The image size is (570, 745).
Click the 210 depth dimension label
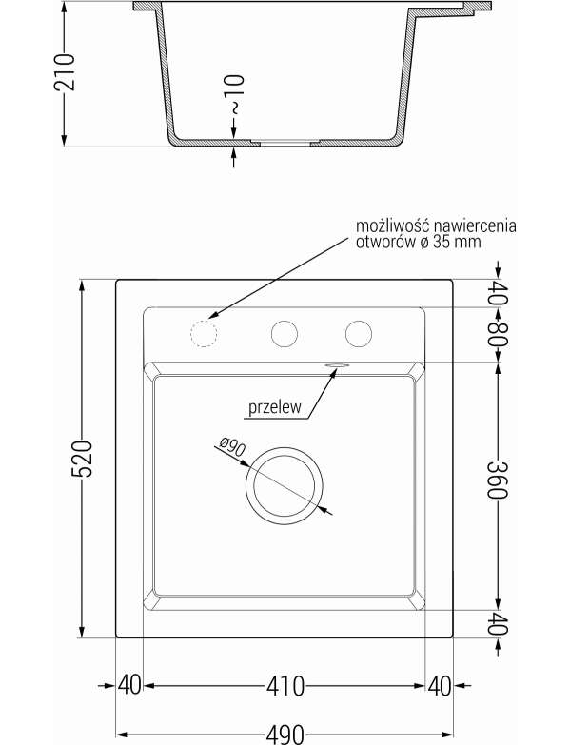coord(65,71)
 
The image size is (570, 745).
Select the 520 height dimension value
coord(82,459)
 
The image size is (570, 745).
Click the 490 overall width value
coord(285,735)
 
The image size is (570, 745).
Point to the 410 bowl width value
coord(285,686)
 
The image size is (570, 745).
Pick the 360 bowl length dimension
coord(498,480)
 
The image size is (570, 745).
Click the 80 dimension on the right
coord(498,335)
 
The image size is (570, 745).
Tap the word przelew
coord(275,407)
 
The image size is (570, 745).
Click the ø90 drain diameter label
coord(233,447)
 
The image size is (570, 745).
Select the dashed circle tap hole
coord(204,334)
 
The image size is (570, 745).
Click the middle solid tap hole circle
coord(285,334)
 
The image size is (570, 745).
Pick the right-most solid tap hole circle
coord(359,334)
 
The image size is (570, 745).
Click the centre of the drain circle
coord(285,485)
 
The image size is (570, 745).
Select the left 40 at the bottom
coord(129,686)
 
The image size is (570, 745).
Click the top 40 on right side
coord(498,294)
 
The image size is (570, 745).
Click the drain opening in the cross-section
coord(285,143)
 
